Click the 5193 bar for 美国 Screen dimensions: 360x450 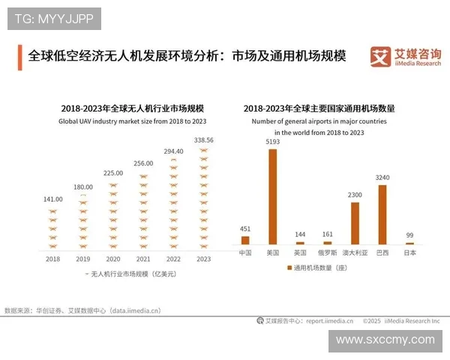pyautogui.click(x=272, y=196)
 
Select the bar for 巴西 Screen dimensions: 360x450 pyautogui.click(x=382, y=214)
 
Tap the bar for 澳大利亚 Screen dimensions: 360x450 pyautogui.click(x=355, y=223)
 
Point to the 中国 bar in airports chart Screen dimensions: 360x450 pyautogui.click(x=244, y=240)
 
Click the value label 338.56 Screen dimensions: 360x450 pyautogui.click(x=203, y=139)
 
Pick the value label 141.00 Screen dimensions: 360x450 pyautogui.click(x=52, y=199)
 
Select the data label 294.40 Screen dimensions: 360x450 pyautogui.click(x=173, y=151)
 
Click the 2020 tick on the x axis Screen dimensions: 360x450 pyautogui.click(x=113, y=259)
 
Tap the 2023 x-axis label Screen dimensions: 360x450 pyautogui.click(x=203, y=259)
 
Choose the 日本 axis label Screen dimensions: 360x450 pyautogui.click(x=410, y=253)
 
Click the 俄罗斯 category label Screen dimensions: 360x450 pyautogui.click(x=327, y=253)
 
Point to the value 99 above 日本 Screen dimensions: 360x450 pyautogui.click(x=410, y=235)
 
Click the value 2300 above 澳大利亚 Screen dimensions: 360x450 pyautogui.click(x=355, y=195)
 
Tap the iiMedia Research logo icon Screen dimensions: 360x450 pyautogui.click(x=379, y=56)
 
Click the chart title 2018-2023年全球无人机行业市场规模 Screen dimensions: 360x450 pyautogui.click(x=128, y=109)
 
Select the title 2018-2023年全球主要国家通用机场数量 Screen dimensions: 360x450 pyautogui.click(x=319, y=109)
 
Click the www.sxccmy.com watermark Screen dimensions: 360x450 pyautogui.click(x=385, y=340)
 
